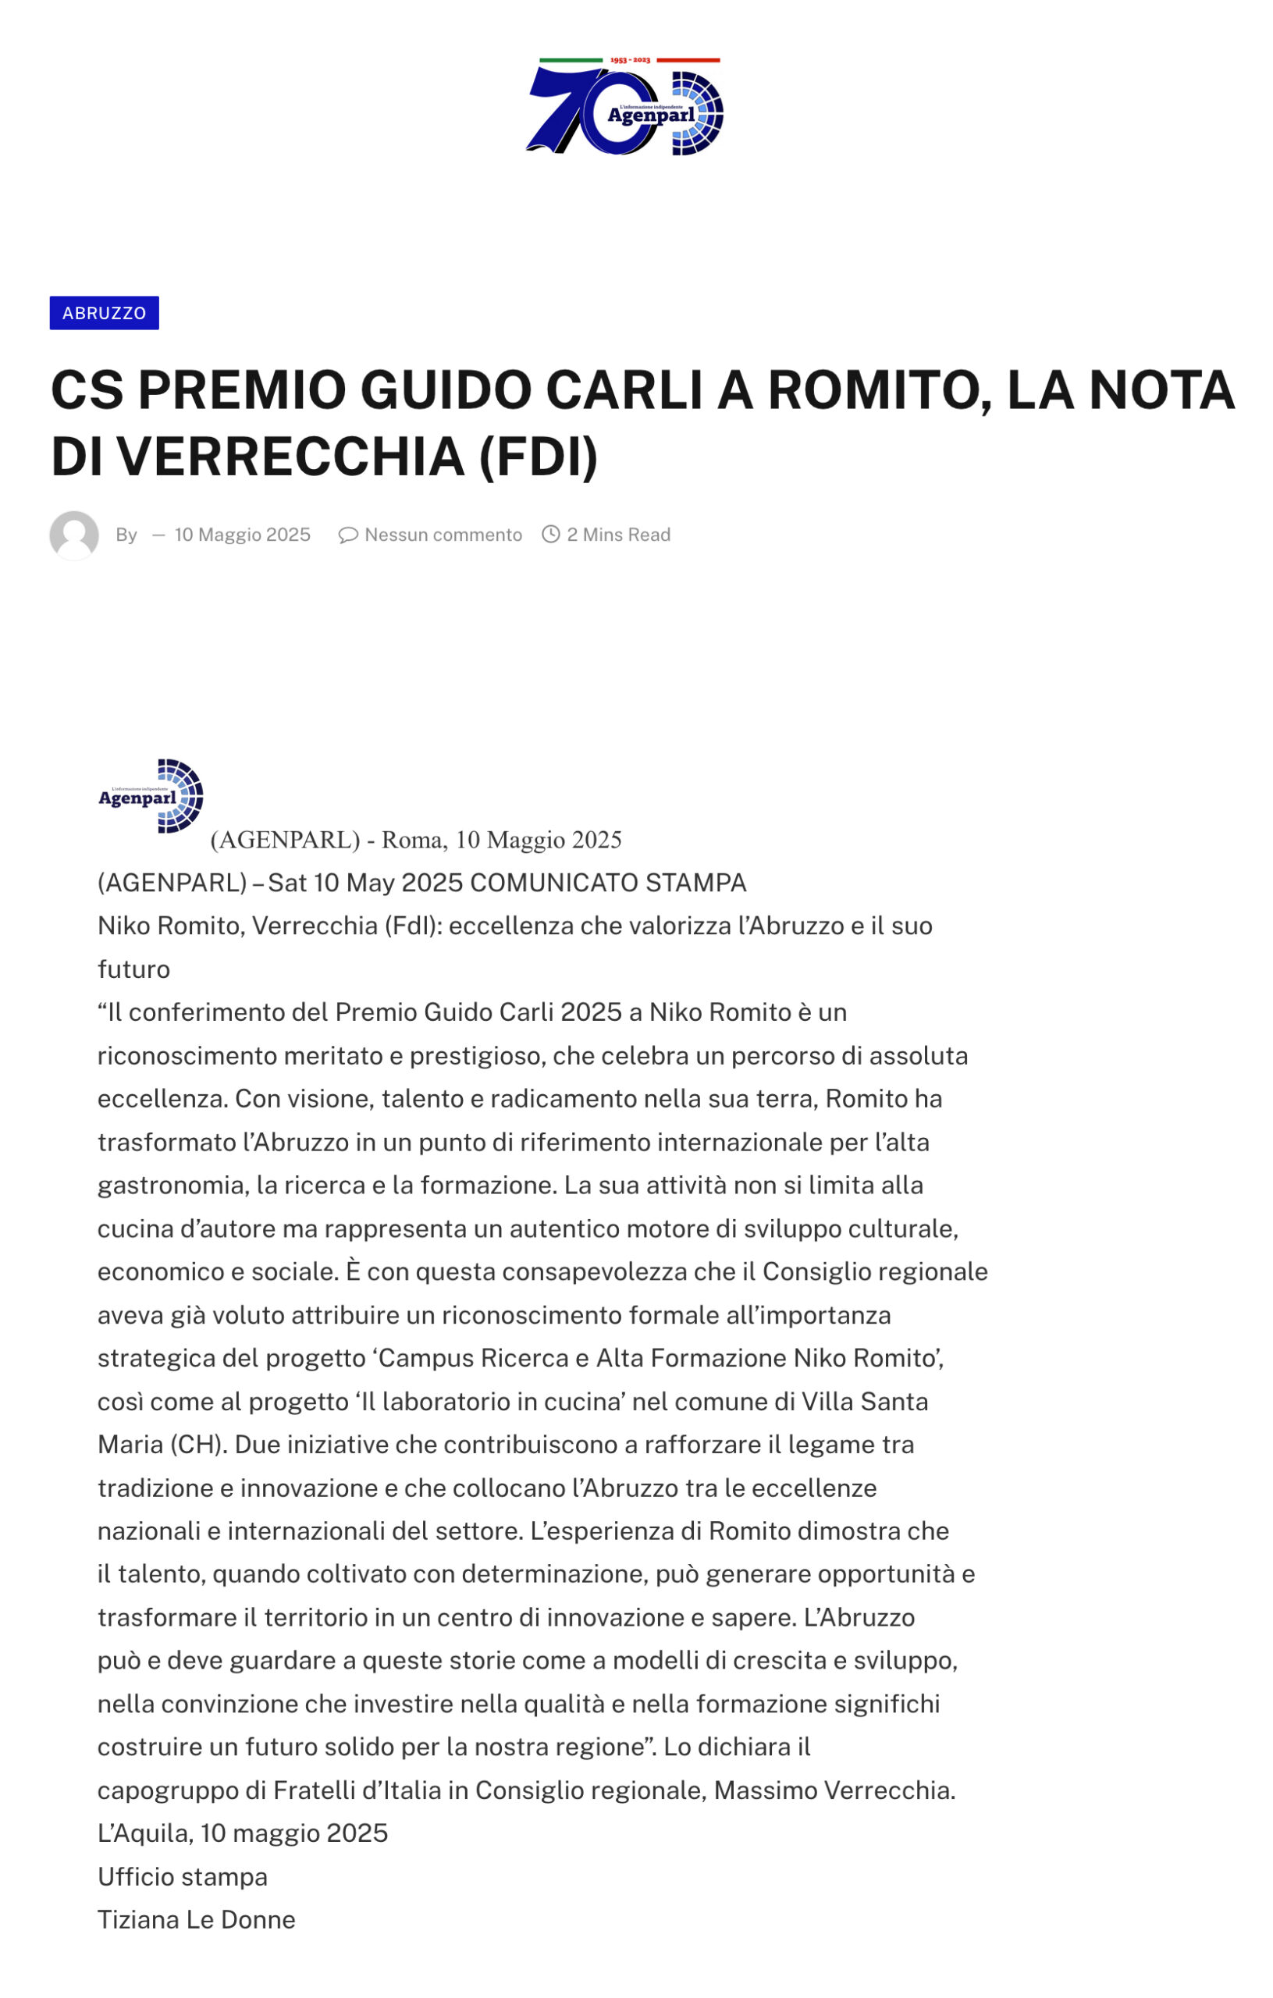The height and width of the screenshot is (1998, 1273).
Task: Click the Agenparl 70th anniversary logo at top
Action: click(x=624, y=106)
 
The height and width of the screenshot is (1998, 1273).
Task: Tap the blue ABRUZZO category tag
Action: click(x=104, y=313)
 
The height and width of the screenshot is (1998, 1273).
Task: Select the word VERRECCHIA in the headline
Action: click(x=290, y=457)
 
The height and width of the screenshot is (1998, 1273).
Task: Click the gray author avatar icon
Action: click(x=74, y=535)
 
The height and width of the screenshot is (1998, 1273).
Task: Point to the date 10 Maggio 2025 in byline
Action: click(x=242, y=535)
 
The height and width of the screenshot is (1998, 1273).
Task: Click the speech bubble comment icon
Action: click(x=347, y=535)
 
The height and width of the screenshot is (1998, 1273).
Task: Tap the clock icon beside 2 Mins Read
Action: click(x=550, y=535)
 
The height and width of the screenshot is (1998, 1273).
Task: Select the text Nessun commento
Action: click(x=443, y=535)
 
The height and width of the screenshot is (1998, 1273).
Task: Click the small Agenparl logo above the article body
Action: click(x=151, y=797)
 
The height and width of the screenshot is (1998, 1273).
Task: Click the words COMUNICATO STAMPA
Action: click(x=608, y=883)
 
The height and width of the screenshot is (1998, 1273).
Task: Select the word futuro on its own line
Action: click(x=133, y=969)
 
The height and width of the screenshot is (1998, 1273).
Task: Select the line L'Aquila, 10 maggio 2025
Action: click(x=242, y=1834)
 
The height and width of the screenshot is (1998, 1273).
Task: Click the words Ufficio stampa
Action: click(x=183, y=1877)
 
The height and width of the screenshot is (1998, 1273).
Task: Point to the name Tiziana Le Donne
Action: click(x=197, y=1920)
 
